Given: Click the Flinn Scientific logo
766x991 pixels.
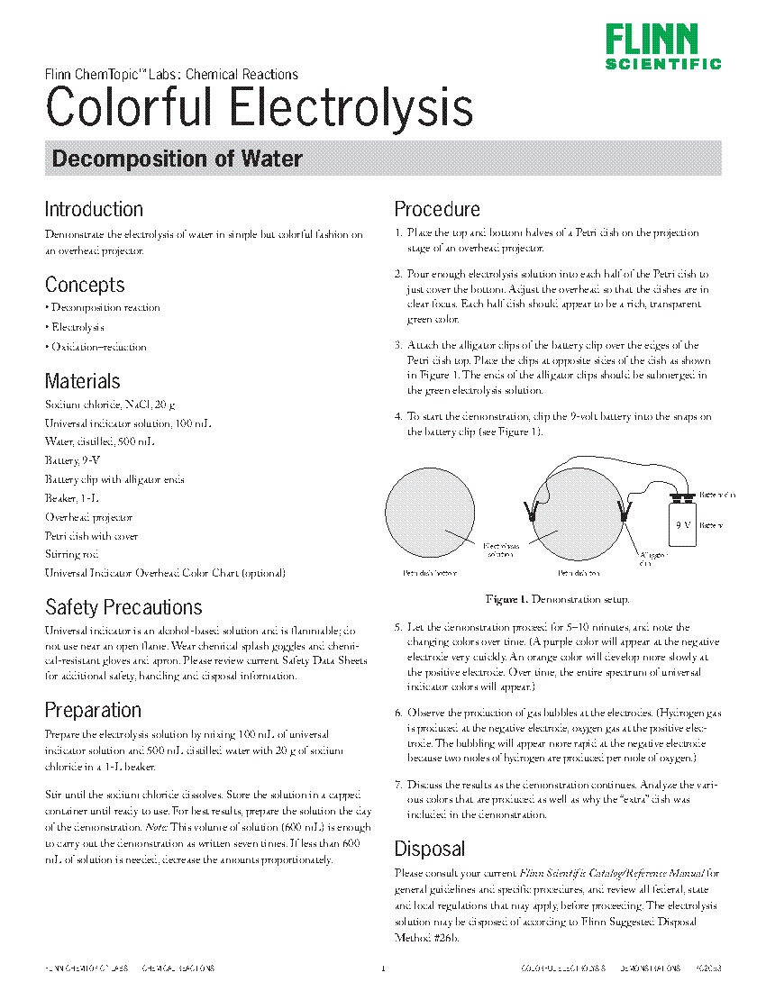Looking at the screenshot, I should (663, 47).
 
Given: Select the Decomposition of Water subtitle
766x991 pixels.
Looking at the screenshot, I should (177, 159).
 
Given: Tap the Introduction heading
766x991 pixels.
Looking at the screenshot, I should (94, 209).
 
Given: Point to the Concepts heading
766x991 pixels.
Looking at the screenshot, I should (85, 285).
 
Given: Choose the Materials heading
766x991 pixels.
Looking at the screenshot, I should (82, 381).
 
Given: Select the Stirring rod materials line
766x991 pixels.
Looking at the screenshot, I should (72, 554).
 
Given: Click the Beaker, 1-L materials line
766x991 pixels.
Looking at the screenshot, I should (69, 498).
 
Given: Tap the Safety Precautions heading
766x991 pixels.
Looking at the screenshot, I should (123, 606).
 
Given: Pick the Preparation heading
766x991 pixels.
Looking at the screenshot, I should (93, 710).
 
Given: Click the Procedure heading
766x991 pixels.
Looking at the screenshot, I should (437, 209).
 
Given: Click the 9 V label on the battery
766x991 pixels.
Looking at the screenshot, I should (683, 523).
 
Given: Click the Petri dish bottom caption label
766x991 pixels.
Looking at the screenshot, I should (430, 573).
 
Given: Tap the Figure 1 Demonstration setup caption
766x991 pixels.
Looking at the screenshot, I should (557, 599).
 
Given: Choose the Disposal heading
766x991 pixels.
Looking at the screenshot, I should (430, 849).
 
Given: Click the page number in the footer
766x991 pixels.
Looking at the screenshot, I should (383, 969).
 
